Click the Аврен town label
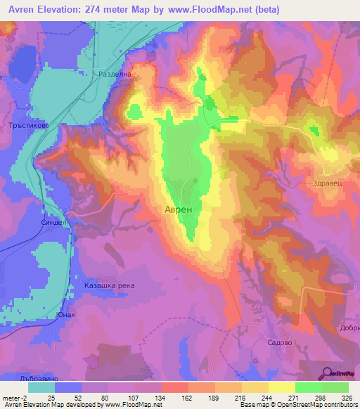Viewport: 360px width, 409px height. coord(178,209)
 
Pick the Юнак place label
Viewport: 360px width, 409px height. coord(66,315)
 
